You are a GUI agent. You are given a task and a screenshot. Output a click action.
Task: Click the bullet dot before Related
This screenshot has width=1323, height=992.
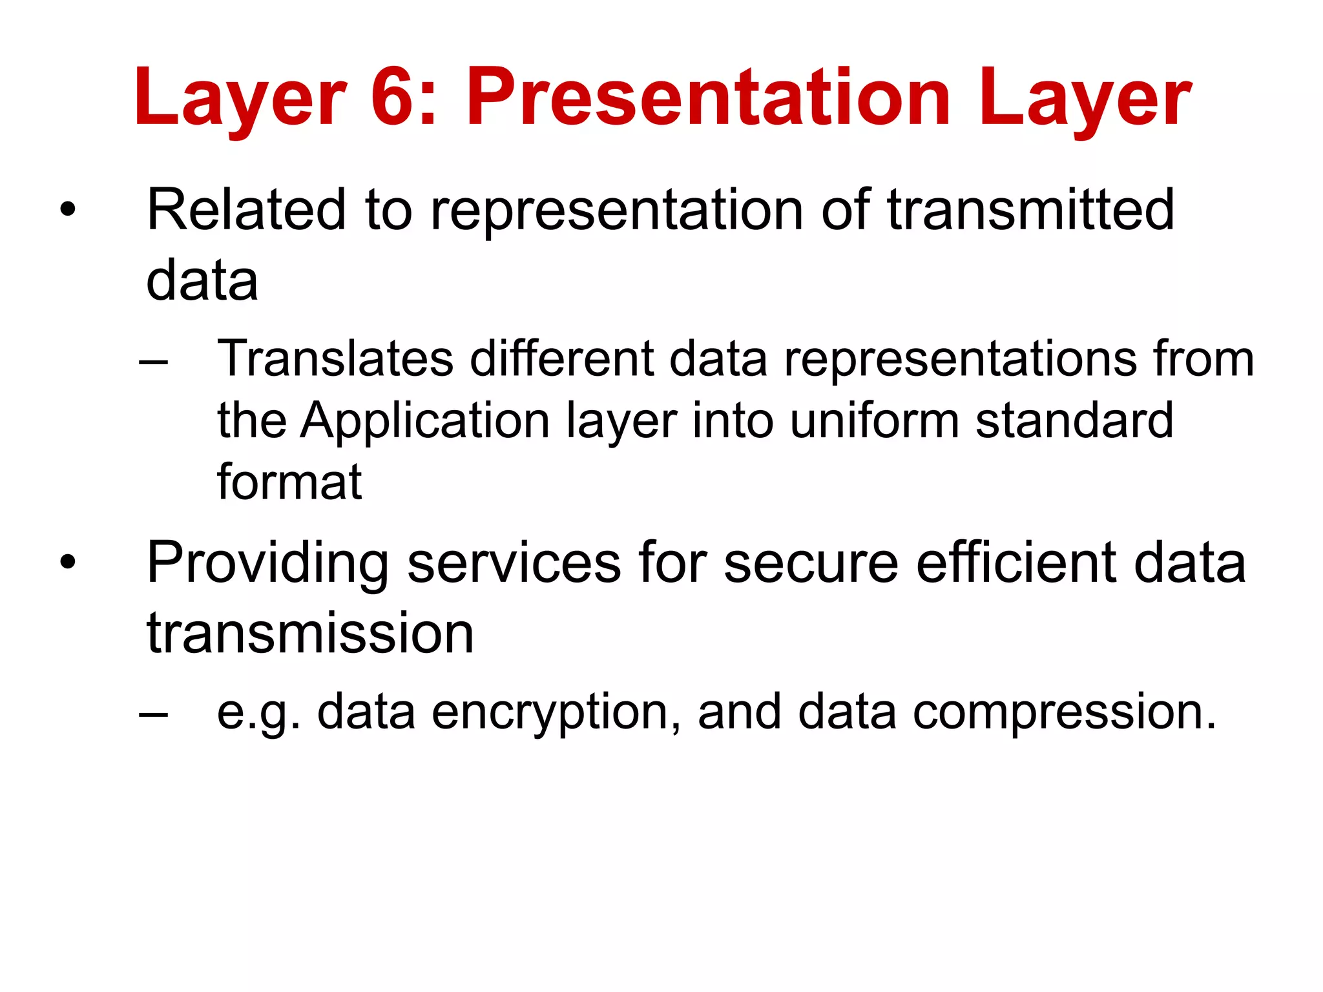67,210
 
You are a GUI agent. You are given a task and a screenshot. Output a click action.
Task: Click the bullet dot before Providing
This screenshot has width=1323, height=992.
67,563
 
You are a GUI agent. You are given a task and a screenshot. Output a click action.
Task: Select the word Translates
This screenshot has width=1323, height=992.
335,359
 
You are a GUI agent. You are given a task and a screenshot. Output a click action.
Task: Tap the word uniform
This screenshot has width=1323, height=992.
875,421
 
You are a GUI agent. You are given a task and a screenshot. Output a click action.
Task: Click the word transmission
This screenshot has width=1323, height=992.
310,634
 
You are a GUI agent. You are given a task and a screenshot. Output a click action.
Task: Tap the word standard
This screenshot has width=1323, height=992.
1074,421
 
